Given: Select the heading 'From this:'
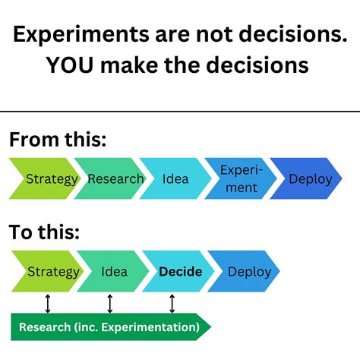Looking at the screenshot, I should tap(58, 140).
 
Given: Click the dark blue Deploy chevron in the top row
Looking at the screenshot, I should tap(308, 179).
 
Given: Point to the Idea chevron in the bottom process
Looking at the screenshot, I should tap(114, 271).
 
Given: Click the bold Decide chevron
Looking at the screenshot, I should tap(179, 271).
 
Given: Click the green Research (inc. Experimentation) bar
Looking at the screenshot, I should tap(110, 327).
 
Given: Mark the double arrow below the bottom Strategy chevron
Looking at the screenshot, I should tap(48, 304).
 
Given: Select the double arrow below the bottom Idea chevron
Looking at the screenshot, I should tap(110, 304).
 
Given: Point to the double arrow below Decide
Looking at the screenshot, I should tap(173, 304).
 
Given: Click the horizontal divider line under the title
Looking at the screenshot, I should tap(180, 112).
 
